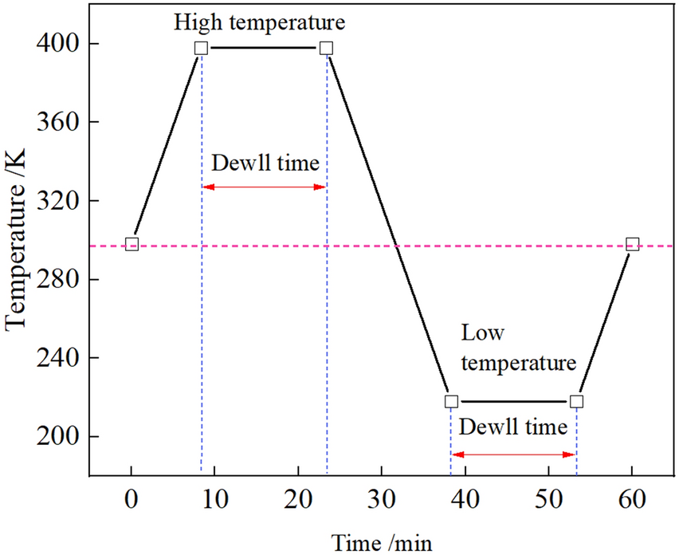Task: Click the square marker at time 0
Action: pyautogui.click(x=132, y=244)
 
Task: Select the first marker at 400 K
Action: pyautogui.click(x=202, y=48)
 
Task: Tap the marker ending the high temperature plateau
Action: pyautogui.click(x=326, y=48)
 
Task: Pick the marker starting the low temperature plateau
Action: pyautogui.click(x=452, y=401)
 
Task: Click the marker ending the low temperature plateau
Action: pyautogui.click(x=577, y=401)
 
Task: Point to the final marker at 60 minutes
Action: pyautogui.click(x=633, y=244)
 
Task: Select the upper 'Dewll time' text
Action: pyautogui.click(x=265, y=163)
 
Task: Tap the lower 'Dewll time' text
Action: pyautogui.click(x=514, y=427)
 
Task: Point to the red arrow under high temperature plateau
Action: pyautogui.click(x=264, y=187)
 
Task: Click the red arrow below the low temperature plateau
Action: pyautogui.click(x=514, y=455)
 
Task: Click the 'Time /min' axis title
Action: pyautogui.click(x=382, y=542)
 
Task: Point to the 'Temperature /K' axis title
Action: pyautogui.click(x=18, y=240)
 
